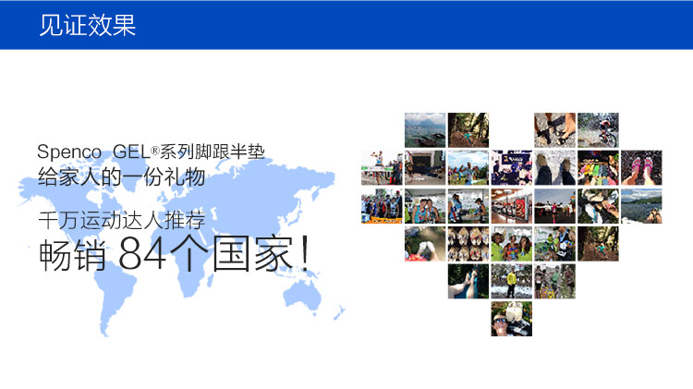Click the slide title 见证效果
tap(87, 25)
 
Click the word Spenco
tap(69, 152)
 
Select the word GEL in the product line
tap(132, 152)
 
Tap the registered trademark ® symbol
tap(154, 151)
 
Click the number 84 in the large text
tap(142, 253)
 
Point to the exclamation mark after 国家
tap(304, 253)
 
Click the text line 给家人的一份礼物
tap(122, 176)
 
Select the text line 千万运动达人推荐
tap(122, 220)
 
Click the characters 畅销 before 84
tap(72, 254)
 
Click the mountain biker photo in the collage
tap(598, 130)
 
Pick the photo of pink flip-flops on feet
tap(641, 167)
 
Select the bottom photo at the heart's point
tap(511, 319)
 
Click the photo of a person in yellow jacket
tap(511, 281)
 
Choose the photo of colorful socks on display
tap(598, 167)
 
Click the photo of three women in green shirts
tap(511, 244)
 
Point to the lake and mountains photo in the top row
tap(425, 130)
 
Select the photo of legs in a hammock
tap(468, 281)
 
